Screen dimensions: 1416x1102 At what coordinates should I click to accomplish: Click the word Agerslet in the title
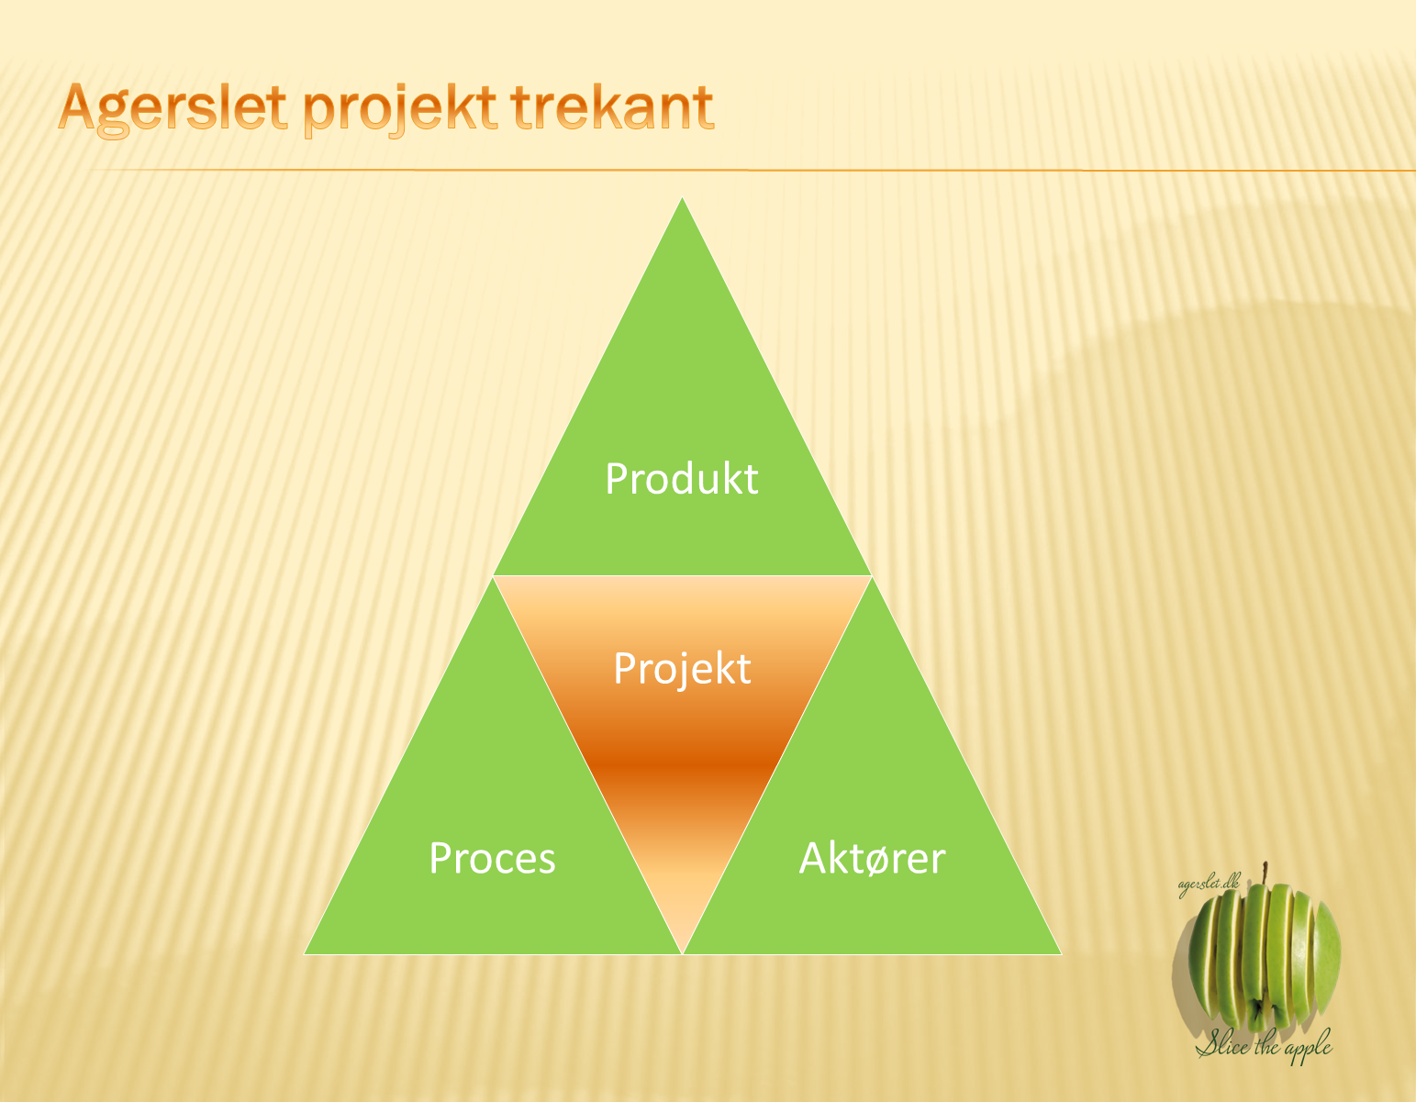(173, 109)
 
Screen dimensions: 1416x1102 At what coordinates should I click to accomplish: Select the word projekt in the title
(399, 109)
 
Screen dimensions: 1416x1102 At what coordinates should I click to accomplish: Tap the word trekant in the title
(612, 106)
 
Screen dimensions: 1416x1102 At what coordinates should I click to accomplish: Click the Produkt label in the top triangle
(682, 479)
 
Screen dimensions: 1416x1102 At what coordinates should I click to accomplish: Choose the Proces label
(492, 858)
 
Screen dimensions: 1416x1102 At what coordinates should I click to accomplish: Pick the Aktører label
(872, 858)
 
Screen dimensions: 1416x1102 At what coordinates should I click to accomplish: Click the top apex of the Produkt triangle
(682, 197)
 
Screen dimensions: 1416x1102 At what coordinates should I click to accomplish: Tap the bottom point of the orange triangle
(682, 954)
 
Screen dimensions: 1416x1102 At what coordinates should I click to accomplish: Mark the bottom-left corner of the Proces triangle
(305, 954)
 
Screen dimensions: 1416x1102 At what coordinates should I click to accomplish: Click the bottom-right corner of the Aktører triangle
(1062, 954)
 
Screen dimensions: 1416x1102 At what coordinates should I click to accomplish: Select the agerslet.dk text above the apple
(1209, 885)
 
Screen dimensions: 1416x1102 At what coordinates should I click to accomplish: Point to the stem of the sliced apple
(1265, 873)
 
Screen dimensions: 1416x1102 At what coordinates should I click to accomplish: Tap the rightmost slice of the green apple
(1326, 955)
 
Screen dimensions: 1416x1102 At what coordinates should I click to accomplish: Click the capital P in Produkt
(616, 479)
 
